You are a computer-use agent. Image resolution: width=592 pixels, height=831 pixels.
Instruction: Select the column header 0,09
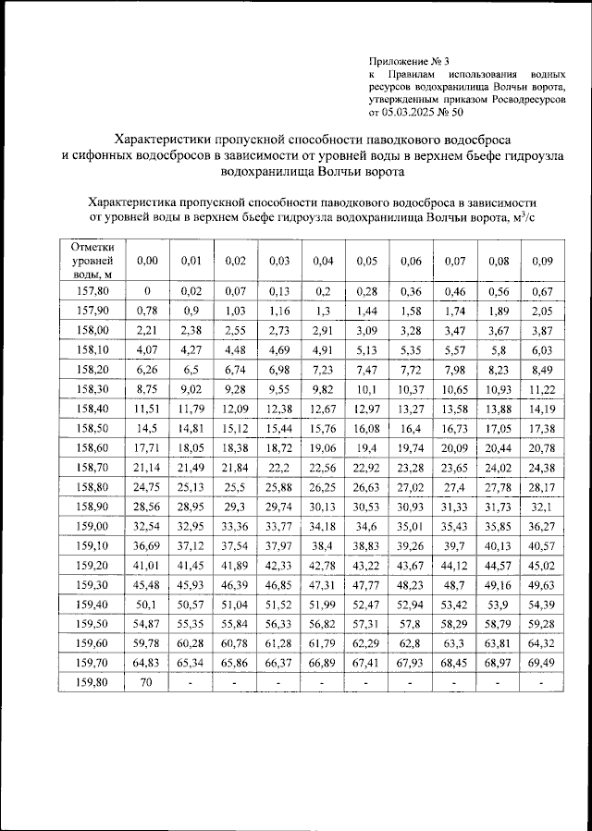tap(543, 262)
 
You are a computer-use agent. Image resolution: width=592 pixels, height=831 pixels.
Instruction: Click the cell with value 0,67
tap(543, 292)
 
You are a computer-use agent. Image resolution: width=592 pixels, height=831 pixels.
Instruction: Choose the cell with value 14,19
tap(543, 409)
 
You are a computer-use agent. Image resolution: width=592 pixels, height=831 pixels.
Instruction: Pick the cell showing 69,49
tap(543, 662)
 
